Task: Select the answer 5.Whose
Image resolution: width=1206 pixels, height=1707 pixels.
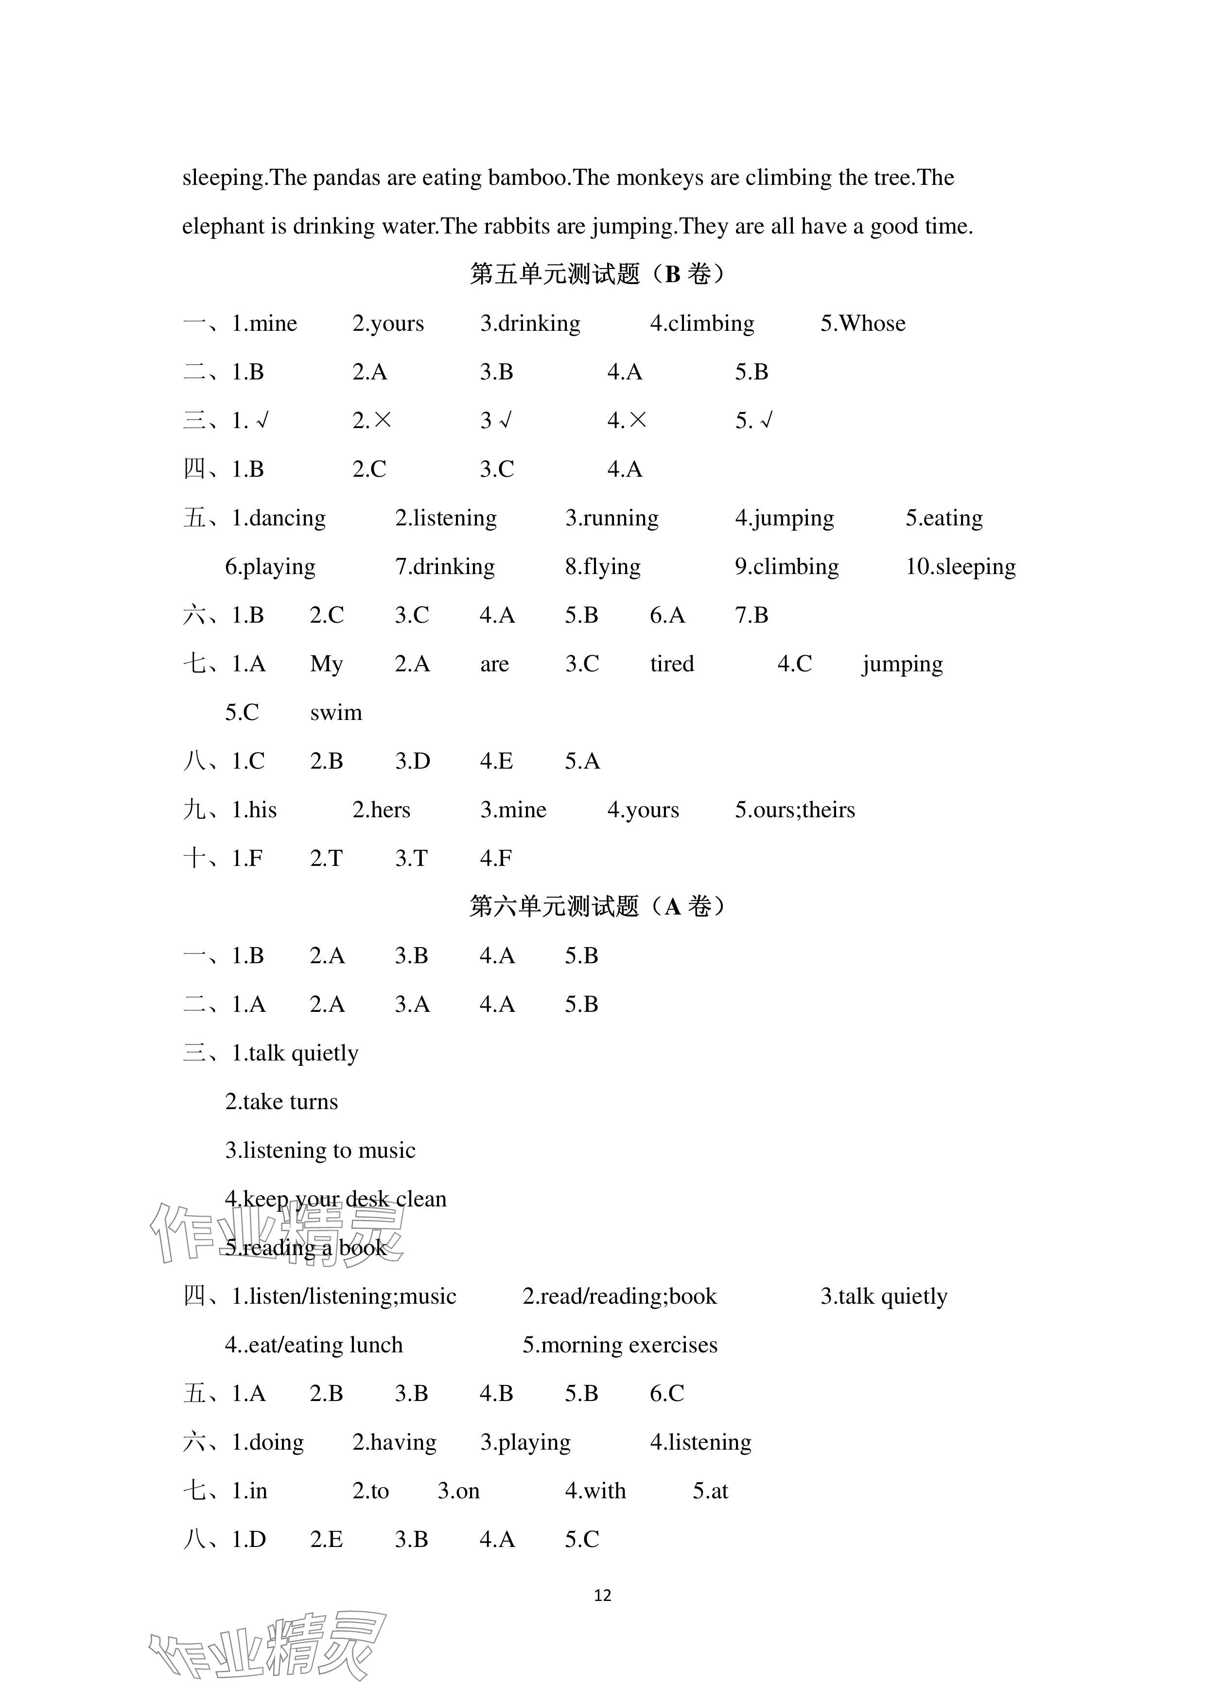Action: pyautogui.click(x=863, y=324)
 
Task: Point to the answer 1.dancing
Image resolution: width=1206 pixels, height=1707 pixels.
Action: pyautogui.click(x=279, y=518)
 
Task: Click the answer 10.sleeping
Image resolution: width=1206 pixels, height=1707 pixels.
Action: pyautogui.click(x=960, y=567)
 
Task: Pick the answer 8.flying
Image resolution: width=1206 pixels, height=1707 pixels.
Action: pyautogui.click(x=603, y=567)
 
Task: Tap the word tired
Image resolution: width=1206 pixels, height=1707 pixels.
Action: pyautogui.click(x=672, y=664)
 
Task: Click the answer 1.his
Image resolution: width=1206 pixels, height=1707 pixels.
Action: pyautogui.click(x=254, y=809)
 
